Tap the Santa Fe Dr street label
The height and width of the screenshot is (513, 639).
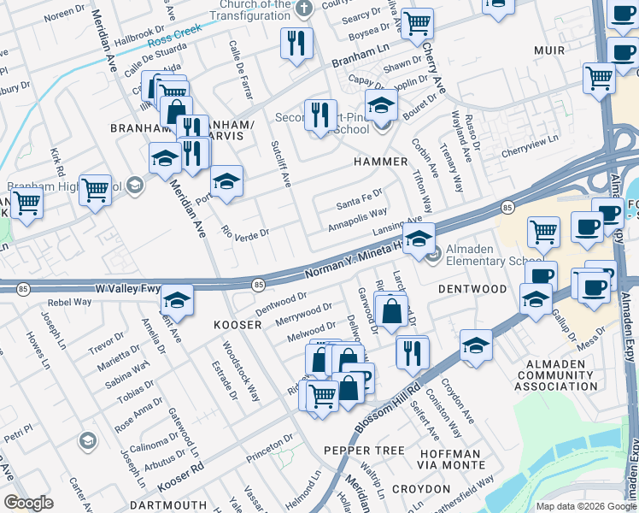(x=359, y=201)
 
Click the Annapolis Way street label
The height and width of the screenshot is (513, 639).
(x=358, y=219)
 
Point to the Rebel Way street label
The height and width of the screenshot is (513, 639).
(x=70, y=302)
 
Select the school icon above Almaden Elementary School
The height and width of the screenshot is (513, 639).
(x=419, y=239)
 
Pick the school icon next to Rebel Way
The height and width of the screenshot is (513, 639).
(x=177, y=300)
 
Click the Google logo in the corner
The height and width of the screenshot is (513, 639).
(x=28, y=503)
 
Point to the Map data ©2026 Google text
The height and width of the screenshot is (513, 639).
(x=586, y=506)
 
